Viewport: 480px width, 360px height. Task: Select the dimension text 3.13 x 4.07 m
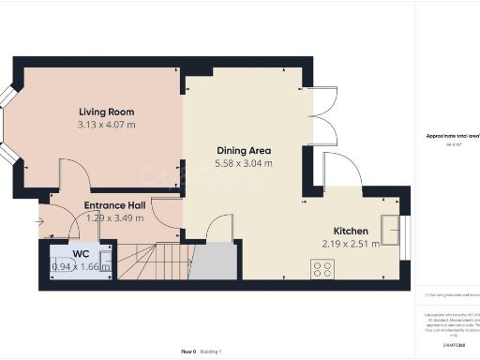coord(106,124)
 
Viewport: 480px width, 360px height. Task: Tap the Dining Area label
coord(244,150)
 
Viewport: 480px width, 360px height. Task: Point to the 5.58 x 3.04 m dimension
coord(244,163)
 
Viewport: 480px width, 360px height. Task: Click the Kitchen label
coord(352,231)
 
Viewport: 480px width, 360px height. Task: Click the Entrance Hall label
coord(114,205)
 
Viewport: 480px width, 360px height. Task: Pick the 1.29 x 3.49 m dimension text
coord(114,217)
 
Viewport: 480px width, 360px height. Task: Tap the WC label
coord(81,253)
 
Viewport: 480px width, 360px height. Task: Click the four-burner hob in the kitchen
coord(322,269)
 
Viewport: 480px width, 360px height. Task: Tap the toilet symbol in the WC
coord(105,260)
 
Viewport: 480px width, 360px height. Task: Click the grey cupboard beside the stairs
coord(215,260)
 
